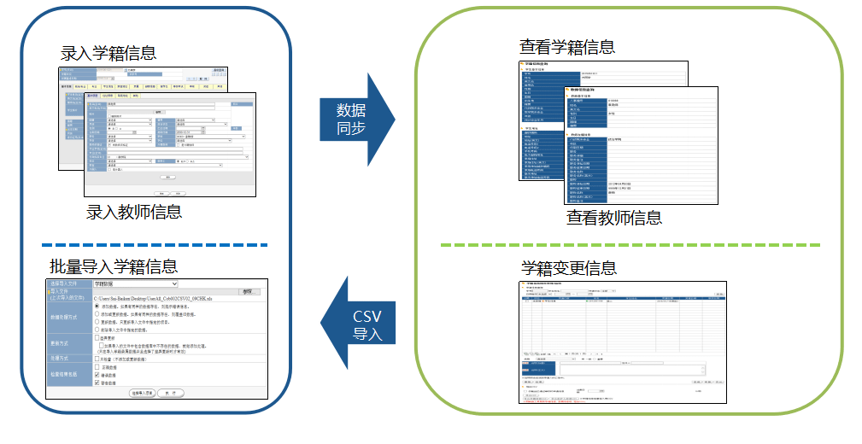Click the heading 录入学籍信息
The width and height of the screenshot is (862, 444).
coord(108,53)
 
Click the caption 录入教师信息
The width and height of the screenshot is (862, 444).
coord(134,212)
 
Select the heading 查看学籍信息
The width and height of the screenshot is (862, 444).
coord(567,46)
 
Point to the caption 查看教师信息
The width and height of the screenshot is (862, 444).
coord(613,217)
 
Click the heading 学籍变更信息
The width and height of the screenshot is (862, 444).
coord(568,268)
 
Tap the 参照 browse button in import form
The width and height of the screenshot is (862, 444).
coord(247,292)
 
